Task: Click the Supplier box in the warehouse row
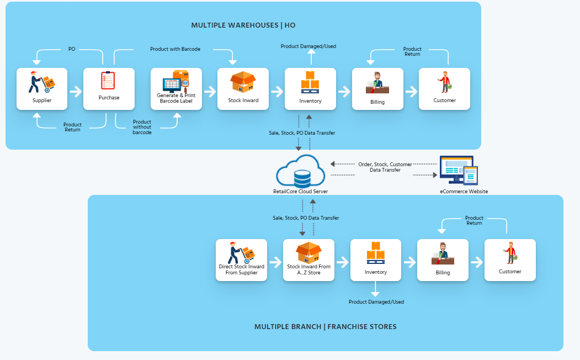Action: pos(42,88)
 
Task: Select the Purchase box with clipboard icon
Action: pos(109,88)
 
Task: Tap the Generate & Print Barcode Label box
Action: pos(176,88)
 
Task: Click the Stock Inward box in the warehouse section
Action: pos(243,88)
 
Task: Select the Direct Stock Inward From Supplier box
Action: pos(242,260)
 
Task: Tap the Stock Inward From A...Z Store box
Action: pos(309,260)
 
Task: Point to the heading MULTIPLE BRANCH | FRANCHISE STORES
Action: pos(325,326)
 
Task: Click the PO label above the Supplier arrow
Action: pos(72,49)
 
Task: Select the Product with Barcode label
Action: pos(175,49)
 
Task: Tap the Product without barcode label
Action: pos(142,127)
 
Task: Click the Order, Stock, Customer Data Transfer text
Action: pos(385,167)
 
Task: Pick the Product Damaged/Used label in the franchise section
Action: pos(376,302)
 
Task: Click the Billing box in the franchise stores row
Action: pos(443,260)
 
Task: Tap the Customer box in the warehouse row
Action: pos(444,88)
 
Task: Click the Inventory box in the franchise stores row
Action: pos(376,260)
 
